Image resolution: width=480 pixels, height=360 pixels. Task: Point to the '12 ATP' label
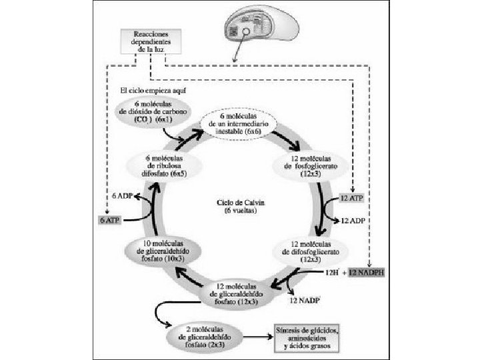click(x=351, y=199)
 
